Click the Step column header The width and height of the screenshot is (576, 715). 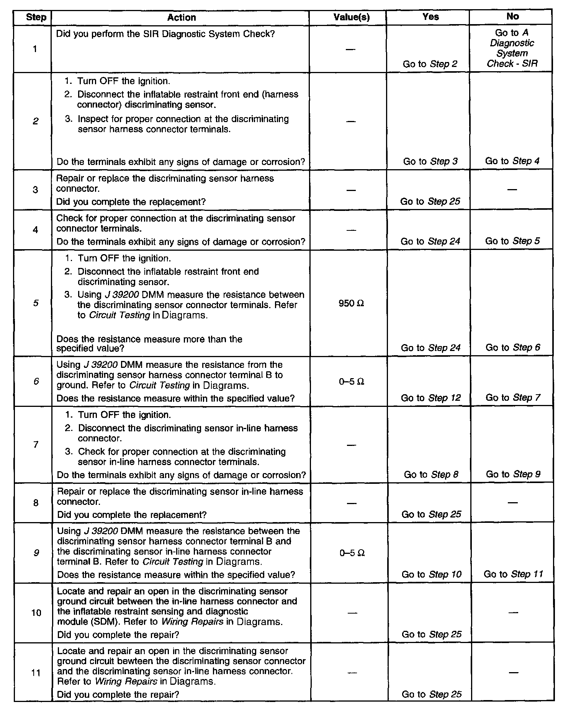click(x=36, y=17)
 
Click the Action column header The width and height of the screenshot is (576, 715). click(x=182, y=17)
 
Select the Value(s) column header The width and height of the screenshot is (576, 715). click(x=352, y=17)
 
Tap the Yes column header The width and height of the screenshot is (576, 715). click(x=430, y=16)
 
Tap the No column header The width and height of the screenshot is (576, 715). click(x=512, y=16)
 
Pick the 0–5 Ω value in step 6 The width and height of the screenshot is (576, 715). click(x=352, y=382)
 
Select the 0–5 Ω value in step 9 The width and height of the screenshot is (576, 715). click(x=352, y=553)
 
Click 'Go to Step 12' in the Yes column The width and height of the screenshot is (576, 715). click(x=431, y=398)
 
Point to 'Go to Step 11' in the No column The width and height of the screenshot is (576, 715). click(x=513, y=574)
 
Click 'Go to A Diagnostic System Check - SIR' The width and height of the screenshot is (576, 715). click(x=512, y=48)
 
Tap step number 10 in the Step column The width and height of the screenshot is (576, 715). click(x=36, y=613)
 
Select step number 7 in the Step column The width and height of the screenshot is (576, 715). click(x=36, y=444)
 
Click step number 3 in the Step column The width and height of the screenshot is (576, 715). click(x=36, y=190)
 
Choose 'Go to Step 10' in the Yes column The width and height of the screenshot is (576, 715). click(x=432, y=575)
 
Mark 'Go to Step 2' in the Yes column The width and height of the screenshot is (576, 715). click(x=430, y=64)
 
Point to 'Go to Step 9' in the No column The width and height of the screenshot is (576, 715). click(x=513, y=474)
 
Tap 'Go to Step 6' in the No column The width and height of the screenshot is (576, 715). click(x=513, y=348)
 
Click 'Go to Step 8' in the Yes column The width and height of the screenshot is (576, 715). click(x=431, y=475)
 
